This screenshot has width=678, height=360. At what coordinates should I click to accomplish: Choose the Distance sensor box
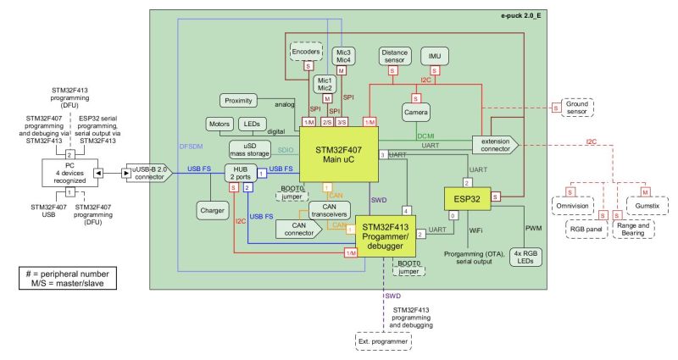click(x=394, y=56)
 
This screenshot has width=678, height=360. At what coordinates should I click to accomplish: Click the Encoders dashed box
click(x=306, y=52)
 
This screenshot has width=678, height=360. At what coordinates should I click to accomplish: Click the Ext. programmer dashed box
click(x=383, y=341)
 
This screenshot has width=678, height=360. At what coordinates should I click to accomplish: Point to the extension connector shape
click(x=494, y=144)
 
